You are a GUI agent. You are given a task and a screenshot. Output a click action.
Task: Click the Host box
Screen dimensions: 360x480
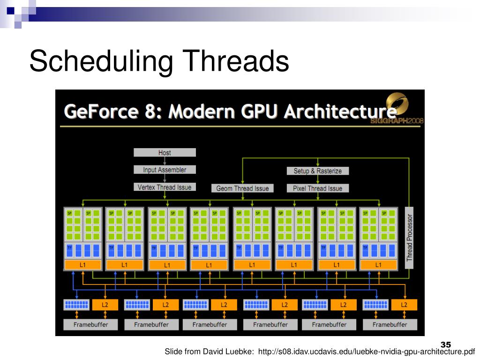pyautogui.click(x=165, y=152)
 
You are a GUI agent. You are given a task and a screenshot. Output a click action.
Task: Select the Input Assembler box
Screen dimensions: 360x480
pyautogui.click(x=165, y=170)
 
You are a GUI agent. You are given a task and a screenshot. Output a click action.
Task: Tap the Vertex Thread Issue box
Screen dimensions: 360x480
pyautogui.click(x=165, y=187)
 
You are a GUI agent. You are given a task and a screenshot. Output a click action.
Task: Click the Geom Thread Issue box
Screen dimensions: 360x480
pyautogui.click(x=242, y=188)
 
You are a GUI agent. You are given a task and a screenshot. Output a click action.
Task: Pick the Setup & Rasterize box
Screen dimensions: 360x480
pyautogui.click(x=317, y=171)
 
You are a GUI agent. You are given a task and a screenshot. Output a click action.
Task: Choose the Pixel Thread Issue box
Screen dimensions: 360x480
pyautogui.click(x=317, y=188)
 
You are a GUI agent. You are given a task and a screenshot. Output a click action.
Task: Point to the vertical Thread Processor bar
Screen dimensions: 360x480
pyautogui.click(x=410, y=237)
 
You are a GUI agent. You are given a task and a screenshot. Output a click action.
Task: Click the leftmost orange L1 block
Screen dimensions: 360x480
pyautogui.click(x=82, y=265)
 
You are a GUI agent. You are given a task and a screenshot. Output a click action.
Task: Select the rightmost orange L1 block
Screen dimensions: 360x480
pyautogui.click(x=378, y=265)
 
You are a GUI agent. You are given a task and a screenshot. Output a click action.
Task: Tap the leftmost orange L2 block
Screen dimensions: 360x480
pyautogui.click(x=105, y=305)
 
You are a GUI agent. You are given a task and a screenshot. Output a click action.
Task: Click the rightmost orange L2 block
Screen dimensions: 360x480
pyautogui.click(x=404, y=305)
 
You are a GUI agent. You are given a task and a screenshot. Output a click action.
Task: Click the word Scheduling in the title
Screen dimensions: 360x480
pyautogui.click(x=98, y=62)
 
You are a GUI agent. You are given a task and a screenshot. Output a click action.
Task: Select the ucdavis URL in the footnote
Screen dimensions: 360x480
pyautogui.click(x=366, y=352)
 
